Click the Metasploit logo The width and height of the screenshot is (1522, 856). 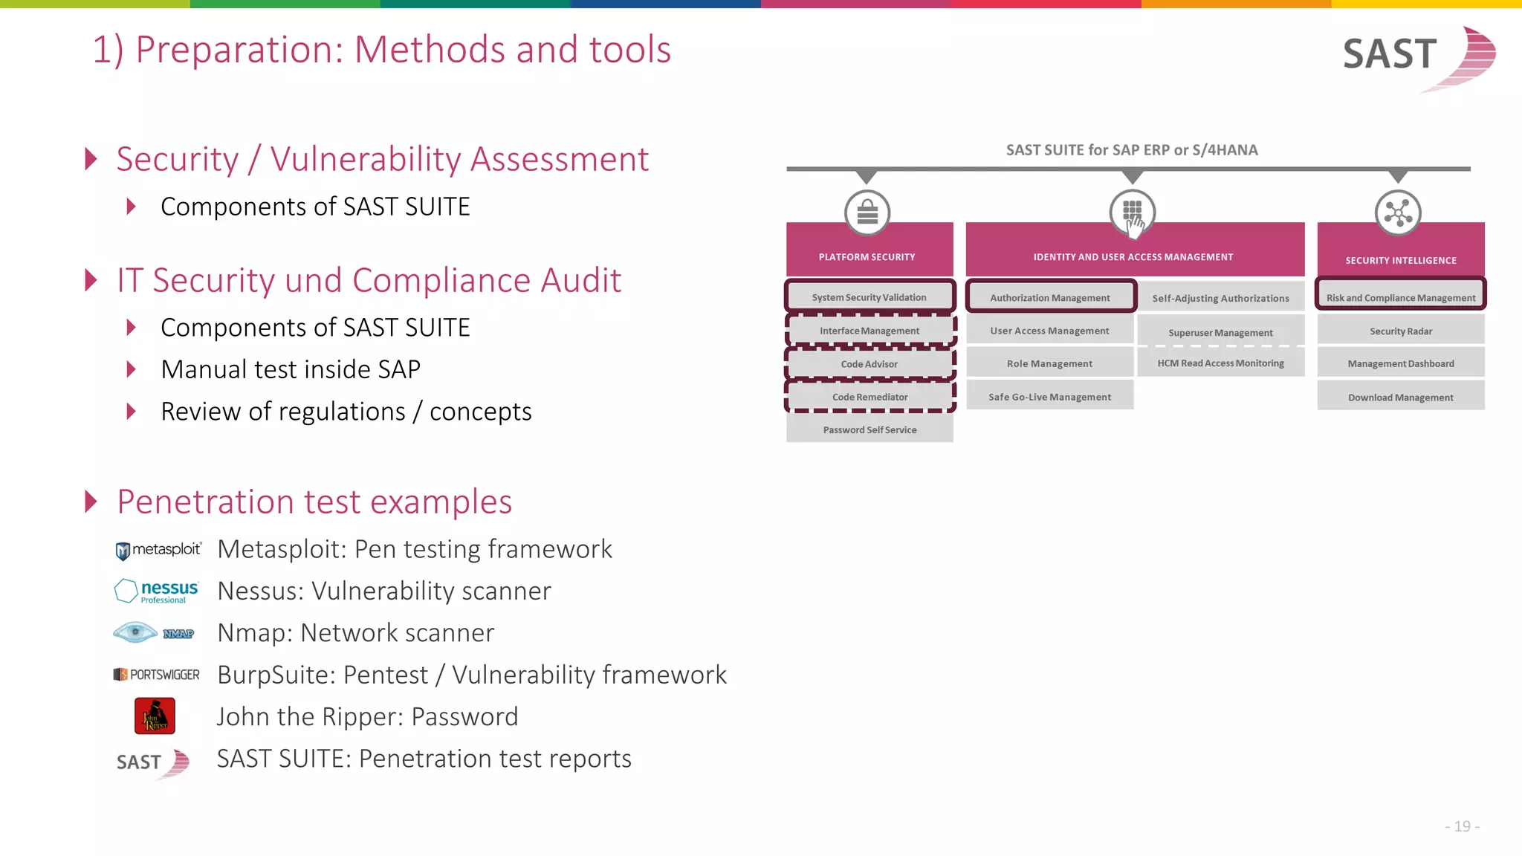(x=158, y=550)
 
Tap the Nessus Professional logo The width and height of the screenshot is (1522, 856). (x=156, y=591)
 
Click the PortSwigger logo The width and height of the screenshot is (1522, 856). (x=156, y=675)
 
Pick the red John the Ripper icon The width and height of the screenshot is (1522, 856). (x=155, y=716)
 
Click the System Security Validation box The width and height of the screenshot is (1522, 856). (x=869, y=297)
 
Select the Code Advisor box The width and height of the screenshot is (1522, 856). (x=869, y=364)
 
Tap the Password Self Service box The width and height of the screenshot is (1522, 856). (x=870, y=429)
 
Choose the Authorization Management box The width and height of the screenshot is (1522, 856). (x=1049, y=297)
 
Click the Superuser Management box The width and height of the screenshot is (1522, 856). (x=1220, y=332)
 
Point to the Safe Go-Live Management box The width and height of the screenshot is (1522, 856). (x=1049, y=397)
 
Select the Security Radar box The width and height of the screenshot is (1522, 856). (x=1400, y=331)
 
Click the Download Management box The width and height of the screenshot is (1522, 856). (x=1400, y=397)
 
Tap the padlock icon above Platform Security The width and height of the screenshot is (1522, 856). (x=867, y=213)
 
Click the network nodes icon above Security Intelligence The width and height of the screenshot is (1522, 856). (x=1398, y=213)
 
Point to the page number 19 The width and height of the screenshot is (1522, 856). (x=1462, y=826)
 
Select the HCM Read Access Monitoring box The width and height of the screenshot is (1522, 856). (x=1220, y=363)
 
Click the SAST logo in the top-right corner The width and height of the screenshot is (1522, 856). (x=1418, y=56)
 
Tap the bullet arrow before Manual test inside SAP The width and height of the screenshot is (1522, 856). (x=132, y=369)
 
